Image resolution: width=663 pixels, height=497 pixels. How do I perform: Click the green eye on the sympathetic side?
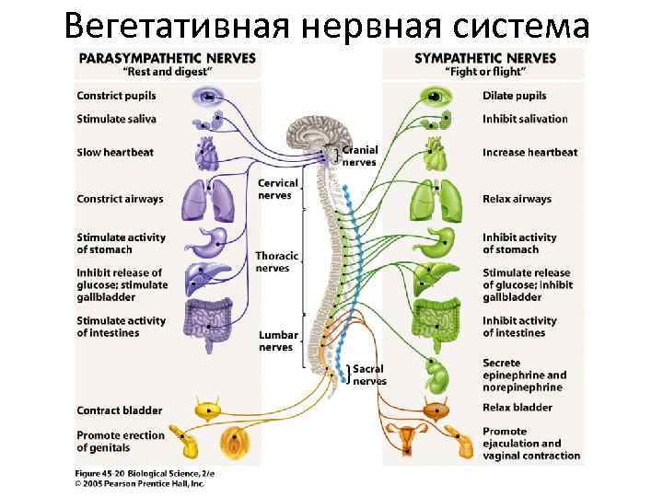433,96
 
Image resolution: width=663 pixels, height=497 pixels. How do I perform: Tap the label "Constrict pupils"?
116,96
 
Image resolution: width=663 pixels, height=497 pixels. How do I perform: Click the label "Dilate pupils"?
514,96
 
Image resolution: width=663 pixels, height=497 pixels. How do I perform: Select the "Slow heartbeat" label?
115,152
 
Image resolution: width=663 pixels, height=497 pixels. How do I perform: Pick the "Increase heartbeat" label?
529,152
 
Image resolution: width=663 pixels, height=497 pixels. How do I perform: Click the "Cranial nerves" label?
359,156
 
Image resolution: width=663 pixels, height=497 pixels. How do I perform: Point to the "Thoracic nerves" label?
273,262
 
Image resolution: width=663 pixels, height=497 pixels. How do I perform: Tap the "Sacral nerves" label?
369,375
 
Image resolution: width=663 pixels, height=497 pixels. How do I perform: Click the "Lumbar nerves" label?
276,341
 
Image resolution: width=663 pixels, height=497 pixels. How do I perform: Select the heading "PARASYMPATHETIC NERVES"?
167,57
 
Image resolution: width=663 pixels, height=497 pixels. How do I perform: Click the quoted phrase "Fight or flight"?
485,72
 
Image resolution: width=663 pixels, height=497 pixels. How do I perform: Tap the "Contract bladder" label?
120,410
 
